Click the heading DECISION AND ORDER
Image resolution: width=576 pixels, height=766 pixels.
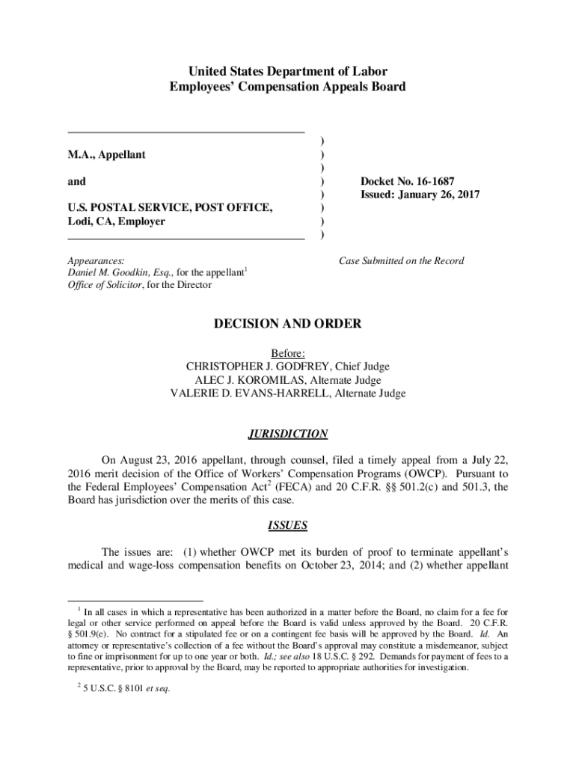tap(288, 324)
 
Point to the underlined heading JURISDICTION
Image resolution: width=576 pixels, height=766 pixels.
tap(288, 434)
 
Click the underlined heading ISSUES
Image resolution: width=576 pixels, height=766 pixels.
tap(288, 525)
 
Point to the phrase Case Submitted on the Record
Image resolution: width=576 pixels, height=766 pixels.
tap(401, 261)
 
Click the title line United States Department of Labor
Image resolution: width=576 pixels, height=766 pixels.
tap(288, 72)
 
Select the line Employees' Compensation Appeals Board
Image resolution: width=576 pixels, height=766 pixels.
tap(288, 87)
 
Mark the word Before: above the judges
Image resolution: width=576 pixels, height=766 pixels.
tap(288, 353)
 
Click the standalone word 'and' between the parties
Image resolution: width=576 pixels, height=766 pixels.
tap(76, 182)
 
